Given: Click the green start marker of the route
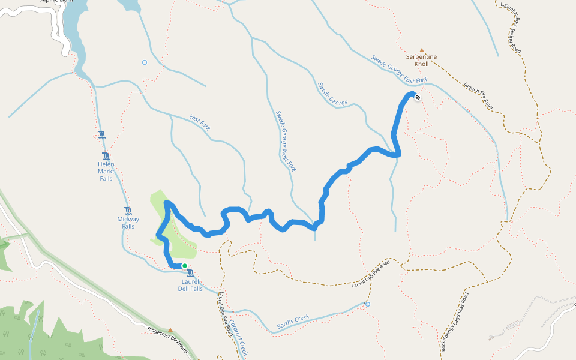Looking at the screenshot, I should (x=185, y=266).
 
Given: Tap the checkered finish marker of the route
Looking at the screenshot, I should (x=418, y=97).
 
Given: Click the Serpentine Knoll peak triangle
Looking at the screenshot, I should (x=422, y=50).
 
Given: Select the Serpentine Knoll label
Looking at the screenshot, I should (x=422, y=60).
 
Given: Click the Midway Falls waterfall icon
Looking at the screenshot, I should (x=128, y=211).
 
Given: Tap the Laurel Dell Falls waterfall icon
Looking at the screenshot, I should (x=190, y=274).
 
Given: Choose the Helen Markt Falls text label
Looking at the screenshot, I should (x=106, y=171).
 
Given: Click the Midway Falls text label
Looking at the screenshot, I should (x=128, y=223).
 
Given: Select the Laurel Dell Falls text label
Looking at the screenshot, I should (x=191, y=284).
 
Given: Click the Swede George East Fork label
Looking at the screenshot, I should (x=399, y=69).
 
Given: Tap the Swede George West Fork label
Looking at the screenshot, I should (x=286, y=140).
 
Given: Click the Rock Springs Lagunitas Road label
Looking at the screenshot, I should (x=454, y=321).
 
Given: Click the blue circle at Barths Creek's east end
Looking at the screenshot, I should (x=368, y=304).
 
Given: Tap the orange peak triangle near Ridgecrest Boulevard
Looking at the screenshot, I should (x=170, y=330).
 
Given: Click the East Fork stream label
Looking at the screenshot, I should (x=200, y=121).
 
